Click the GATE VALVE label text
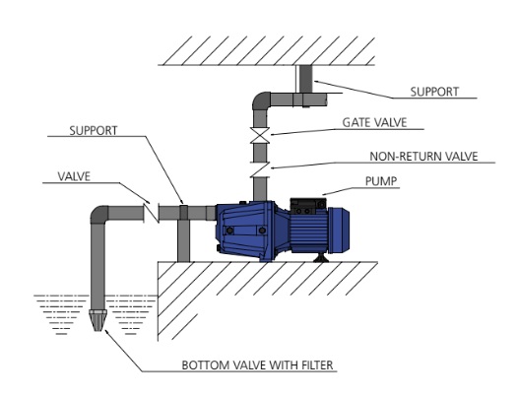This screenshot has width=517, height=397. [x=374, y=123]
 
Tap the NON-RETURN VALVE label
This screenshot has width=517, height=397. [x=423, y=157]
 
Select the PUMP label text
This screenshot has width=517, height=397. [x=381, y=181]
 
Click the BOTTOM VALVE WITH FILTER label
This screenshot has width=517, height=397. [x=257, y=365]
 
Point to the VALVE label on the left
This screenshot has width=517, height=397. [x=74, y=176]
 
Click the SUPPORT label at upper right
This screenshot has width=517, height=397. [x=434, y=92]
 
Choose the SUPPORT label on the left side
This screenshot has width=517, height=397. [x=94, y=131]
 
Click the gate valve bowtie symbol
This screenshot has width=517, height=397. [x=260, y=135]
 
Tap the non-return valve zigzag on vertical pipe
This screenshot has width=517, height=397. [x=260, y=169]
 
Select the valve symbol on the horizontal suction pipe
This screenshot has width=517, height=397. [x=152, y=214]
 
